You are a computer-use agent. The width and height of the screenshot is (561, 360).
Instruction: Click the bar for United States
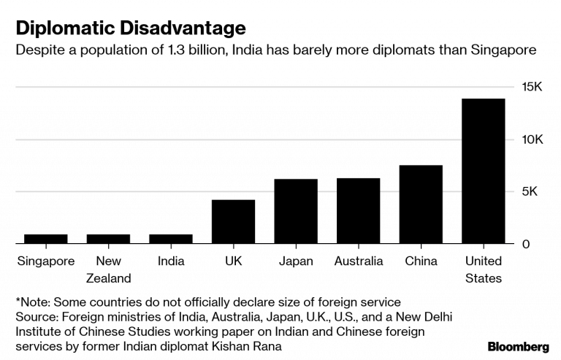click(x=483, y=171)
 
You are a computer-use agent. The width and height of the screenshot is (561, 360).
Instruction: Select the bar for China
click(x=421, y=204)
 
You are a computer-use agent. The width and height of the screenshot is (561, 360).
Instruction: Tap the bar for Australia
click(x=358, y=211)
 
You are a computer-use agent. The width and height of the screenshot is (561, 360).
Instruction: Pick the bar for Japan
click(x=296, y=211)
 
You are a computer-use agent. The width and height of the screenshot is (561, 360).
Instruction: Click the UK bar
click(x=233, y=221)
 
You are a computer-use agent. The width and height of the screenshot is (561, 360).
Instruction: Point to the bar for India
click(x=171, y=239)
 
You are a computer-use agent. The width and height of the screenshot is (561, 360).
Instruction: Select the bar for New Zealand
click(x=108, y=239)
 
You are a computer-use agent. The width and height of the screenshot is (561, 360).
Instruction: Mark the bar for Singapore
click(x=45, y=239)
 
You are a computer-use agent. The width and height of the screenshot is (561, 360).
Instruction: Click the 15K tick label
click(x=531, y=87)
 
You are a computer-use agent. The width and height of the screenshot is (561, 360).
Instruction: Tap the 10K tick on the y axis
click(x=531, y=139)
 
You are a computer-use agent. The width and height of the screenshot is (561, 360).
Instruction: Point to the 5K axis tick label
click(x=531, y=192)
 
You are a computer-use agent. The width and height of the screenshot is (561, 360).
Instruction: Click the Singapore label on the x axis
click(x=45, y=261)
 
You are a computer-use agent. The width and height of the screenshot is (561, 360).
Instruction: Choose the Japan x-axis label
click(x=296, y=261)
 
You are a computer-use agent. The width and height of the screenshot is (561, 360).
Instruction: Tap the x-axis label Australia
click(x=358, y=261)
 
